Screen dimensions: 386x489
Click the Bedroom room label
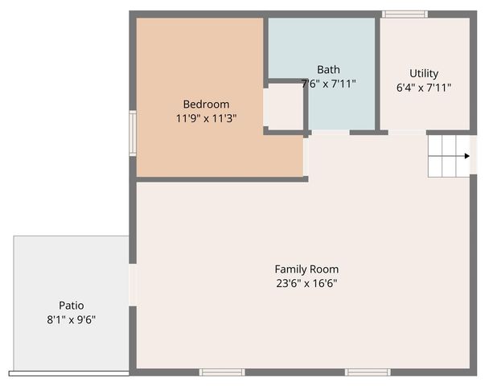(x=206, y=104)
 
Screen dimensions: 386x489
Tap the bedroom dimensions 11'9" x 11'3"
(x=206, y=118)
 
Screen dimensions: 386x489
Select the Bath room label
(x=328, y=69)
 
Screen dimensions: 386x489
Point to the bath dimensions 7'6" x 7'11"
(x=328, y=83)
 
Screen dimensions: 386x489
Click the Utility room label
(x=424, y=73)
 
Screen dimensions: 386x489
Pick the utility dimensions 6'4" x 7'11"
(x=424, y=87)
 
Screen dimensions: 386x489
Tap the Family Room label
(x=306, y=269)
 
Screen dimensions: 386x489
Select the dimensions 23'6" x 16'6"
(x=306, y=283)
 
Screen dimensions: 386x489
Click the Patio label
(x=71, y=306)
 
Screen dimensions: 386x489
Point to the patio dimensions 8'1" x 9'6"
(x=71, y=319)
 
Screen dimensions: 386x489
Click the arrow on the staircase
(x=465, y=157)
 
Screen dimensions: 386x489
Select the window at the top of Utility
(x=405, y=14)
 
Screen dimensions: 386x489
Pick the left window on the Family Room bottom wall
(x=222, y=372)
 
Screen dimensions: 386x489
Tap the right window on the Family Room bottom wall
(x=368, y=372)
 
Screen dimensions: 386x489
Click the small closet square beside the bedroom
(x=283, y=106)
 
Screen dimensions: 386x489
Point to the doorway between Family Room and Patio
(x=133, y=285)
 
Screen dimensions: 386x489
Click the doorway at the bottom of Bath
(x=330, y=132)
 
